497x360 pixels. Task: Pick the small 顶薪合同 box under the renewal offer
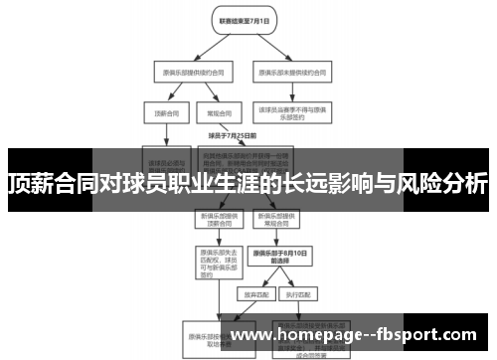click(x=164, y=113)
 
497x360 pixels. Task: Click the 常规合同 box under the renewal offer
click(x=213, y=113)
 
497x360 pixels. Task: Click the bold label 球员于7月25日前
click(x=233, y=134)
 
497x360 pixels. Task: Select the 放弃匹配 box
click(x=251, y=293)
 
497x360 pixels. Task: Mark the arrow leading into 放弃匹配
click(x=251, y=281)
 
